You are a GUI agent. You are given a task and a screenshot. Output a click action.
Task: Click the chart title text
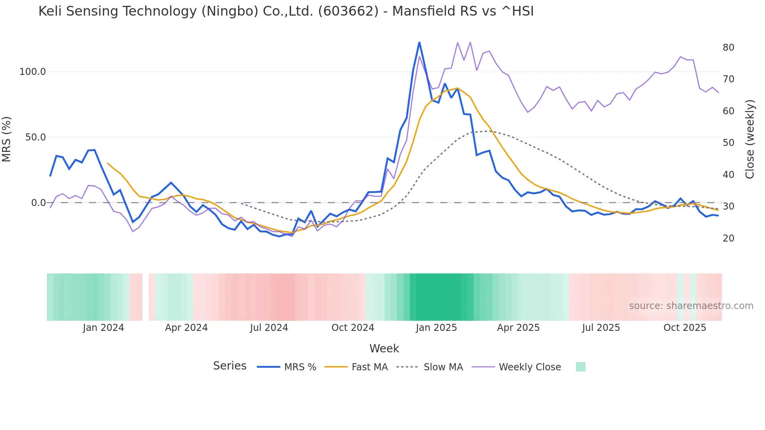click(x=286, y=11)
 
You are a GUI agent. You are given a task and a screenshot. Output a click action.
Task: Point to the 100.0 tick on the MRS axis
click(x=33, y=72)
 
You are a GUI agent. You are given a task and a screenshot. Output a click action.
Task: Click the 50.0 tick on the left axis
click(x=36, y=137)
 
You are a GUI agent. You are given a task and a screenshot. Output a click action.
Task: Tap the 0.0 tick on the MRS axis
click(x=38, y=203)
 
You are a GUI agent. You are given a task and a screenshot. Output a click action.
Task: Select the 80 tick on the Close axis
click(x=728, y=48)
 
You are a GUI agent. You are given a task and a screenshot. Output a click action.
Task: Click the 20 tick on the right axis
click(x=728, y=238)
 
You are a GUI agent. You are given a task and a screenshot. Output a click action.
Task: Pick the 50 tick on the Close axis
click(x=728, y=143)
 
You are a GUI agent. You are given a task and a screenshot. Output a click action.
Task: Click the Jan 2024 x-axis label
click(x=103, y=328)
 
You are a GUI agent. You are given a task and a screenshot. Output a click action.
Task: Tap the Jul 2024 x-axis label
click(x=269, y=328)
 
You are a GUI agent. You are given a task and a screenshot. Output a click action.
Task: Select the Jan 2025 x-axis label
click(x=436, y=328)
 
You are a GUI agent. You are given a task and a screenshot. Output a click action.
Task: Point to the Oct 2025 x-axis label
click(x=685, y=328)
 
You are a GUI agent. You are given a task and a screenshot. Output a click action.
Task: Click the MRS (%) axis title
click(x=7, y=139)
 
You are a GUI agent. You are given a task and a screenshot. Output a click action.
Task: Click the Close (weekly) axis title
click(x=749, y=139)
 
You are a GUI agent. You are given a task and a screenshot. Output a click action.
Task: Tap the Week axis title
click(x=384, y=348)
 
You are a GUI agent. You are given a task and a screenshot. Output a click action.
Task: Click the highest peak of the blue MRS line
click(x=419, y=43)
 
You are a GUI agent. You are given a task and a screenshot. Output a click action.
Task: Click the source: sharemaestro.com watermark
click(x=691, y=306)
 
